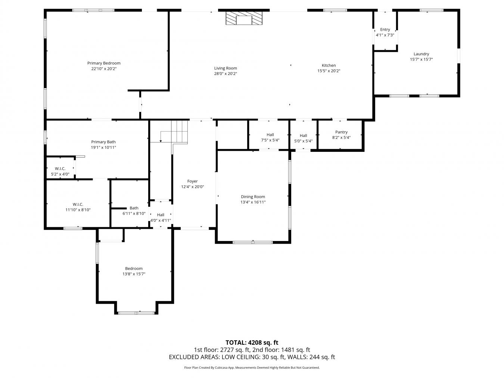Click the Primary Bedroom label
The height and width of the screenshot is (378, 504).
click(x=104, y=63)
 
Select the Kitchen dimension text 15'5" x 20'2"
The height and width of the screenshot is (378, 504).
click(x=329, y=71)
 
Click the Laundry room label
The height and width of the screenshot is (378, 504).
click(x=421, y=54)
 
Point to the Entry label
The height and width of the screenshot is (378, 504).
click(x=385, y=29)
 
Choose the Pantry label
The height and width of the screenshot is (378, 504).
click(x=341, y=132)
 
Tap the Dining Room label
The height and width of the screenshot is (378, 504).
click(x=253, y=197)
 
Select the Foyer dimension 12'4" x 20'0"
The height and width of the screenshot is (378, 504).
click(x=192, y=187)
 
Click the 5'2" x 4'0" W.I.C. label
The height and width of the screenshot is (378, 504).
click(x=60, y=171)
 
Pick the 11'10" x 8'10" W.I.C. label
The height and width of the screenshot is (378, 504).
click(x=78, y=207)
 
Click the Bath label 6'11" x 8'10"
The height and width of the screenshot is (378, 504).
click(x=134, y=211)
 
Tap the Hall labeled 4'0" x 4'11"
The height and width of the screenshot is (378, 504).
click(x=161, y=218)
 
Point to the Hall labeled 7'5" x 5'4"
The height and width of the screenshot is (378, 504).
click(x=270, y=137)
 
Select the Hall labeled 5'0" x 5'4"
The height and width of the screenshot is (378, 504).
click(x=303, y=138)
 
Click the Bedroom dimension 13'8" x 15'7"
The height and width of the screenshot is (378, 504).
click(x=134, y=274)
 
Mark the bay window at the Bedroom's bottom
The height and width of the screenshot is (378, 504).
click(x=136, y=313)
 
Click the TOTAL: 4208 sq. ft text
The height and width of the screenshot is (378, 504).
click(x=252, y=343)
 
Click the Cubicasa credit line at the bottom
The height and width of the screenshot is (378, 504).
click(x=252, y=368)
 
